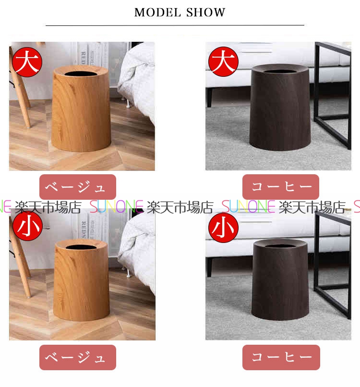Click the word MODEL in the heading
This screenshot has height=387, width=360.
click(157, 12)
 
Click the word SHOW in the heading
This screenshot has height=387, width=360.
click(205, 12)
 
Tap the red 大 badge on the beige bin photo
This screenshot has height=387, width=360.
click(27, 62)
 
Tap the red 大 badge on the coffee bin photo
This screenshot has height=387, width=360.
click(223, 61)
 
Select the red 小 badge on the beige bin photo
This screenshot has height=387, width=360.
click(27, 226)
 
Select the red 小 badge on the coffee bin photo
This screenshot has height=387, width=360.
click(223, 228)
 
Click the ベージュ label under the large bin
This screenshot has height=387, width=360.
click(78, 187)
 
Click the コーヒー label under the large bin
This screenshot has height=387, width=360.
click(281, 187)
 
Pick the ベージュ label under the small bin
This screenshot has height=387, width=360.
click(78, 357)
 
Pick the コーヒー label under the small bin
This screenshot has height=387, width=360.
click(281, 357)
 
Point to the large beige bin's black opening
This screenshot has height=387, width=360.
click(80, 73)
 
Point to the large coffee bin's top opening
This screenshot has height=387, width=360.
click(280, 71)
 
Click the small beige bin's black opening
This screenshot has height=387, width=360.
click(81, 247)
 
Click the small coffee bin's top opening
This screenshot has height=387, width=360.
click(280, 245)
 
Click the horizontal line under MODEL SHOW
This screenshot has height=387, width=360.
click(175, 25)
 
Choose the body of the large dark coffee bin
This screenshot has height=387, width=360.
click(280, 109)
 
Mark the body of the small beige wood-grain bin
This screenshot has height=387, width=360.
click(81, 281)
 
